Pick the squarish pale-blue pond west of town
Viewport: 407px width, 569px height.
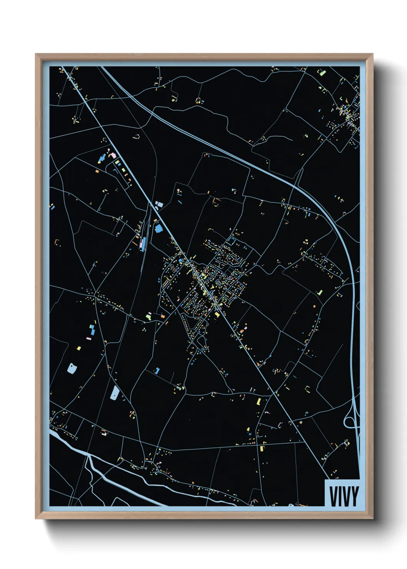coord(72,368)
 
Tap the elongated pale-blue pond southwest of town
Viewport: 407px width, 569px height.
coord(115,393)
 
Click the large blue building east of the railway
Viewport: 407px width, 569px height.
coord(158,229)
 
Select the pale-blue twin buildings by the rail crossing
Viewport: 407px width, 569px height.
coord(159,205)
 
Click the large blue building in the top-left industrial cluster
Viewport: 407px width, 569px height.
coord(102,158)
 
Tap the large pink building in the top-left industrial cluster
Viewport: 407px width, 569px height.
coord(113,155)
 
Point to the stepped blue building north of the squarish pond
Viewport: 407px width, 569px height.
coord(92,329)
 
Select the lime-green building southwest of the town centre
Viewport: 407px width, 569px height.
coord(149,316)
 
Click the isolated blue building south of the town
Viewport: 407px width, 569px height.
coord(157,371)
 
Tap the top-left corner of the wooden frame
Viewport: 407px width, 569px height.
coord(36,55)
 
